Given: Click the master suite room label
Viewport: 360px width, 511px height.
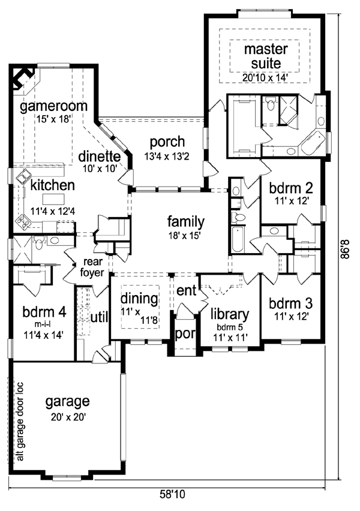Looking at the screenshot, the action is point(266,56).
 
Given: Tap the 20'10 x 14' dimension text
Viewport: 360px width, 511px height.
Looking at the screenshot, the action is point(265,77).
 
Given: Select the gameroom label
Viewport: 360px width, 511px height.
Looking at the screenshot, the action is point(54,106).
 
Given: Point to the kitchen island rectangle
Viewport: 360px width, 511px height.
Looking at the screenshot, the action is point(54,199).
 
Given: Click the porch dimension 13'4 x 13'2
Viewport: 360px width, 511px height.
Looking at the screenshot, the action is point(167,156).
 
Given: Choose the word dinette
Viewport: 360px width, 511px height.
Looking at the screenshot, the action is point(100,157).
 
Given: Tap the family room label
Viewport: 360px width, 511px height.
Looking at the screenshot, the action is point(186,223).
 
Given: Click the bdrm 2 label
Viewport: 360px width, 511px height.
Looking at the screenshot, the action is point(291,188).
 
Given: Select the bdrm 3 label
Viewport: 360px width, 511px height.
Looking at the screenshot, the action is point(291,303).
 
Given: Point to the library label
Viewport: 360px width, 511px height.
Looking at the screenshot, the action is point(230,314).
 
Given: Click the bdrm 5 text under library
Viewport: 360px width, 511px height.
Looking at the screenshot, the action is point(230,327).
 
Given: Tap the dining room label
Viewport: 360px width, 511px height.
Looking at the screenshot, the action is point(139,299).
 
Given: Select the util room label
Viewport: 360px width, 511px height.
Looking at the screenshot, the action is point(99,317).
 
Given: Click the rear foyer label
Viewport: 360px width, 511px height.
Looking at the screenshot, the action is point(92,267).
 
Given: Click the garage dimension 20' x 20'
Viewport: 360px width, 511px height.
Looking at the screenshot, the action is point(68,417).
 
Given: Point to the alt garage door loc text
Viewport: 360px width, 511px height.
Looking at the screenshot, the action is point(20,422).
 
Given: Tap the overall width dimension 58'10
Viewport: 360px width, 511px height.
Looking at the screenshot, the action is point(172,494).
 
